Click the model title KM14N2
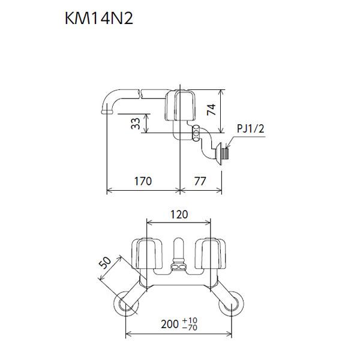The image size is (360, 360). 99,18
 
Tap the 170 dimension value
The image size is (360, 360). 143,181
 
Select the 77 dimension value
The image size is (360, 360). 200,181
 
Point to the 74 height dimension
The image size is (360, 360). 211,110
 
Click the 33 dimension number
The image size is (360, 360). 136,124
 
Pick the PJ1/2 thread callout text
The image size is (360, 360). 250,128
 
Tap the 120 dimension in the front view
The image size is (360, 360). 179,214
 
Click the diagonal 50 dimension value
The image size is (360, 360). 105,263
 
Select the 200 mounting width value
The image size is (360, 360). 170,324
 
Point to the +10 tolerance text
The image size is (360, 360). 190,320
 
